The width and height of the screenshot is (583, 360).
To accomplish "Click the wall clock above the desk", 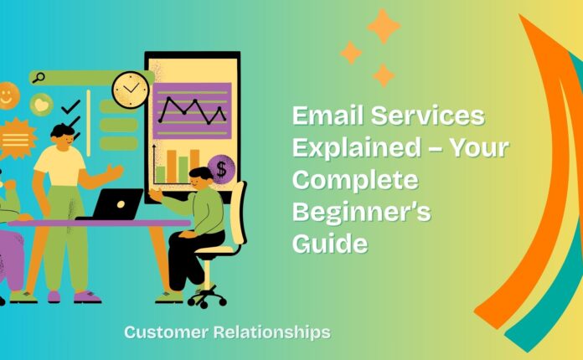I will [130, 89].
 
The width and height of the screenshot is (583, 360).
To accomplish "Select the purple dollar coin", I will [222, 170].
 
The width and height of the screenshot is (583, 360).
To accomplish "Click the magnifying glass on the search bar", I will [38, 78].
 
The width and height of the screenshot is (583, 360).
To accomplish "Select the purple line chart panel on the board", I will [192, 110].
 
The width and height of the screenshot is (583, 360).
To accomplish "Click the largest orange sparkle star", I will [383, 27].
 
